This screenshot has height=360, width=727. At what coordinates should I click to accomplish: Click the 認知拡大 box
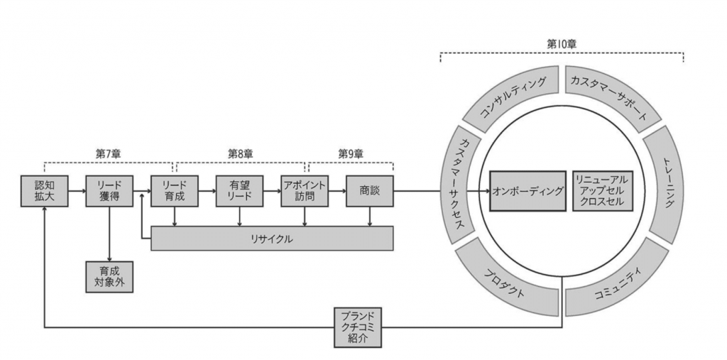pyautogui.click(x=44, y=191)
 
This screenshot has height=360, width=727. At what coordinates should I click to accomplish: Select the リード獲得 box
pyautogui.click(x=109, y=191)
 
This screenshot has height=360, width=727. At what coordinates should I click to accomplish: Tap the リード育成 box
pyautogui.click(x=174, y=191)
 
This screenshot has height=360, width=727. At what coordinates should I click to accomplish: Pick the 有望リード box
pyautogui.click(x=239, y=191)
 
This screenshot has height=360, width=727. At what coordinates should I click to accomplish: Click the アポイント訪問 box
pyautogui.click(x=305, y=191)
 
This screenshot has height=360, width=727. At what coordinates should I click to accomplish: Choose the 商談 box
pyautogui.click(x=370, y=191)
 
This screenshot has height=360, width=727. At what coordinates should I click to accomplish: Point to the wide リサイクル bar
pyautogui.click(x=273, y=239)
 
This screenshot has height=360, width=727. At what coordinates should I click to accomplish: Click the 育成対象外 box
pyautogui.click(x=109, y=277)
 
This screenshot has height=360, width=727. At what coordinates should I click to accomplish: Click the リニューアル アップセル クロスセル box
pyautogui.click(x=600, y=191)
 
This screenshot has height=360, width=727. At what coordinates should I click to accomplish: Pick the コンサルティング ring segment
pyautogui.click(x=513, y=97)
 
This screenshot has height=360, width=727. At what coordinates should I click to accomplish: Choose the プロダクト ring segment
pyautogui.click(x=505, y=280)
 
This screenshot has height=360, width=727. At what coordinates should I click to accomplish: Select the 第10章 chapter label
pyautogui.click(x=561, y=44)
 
